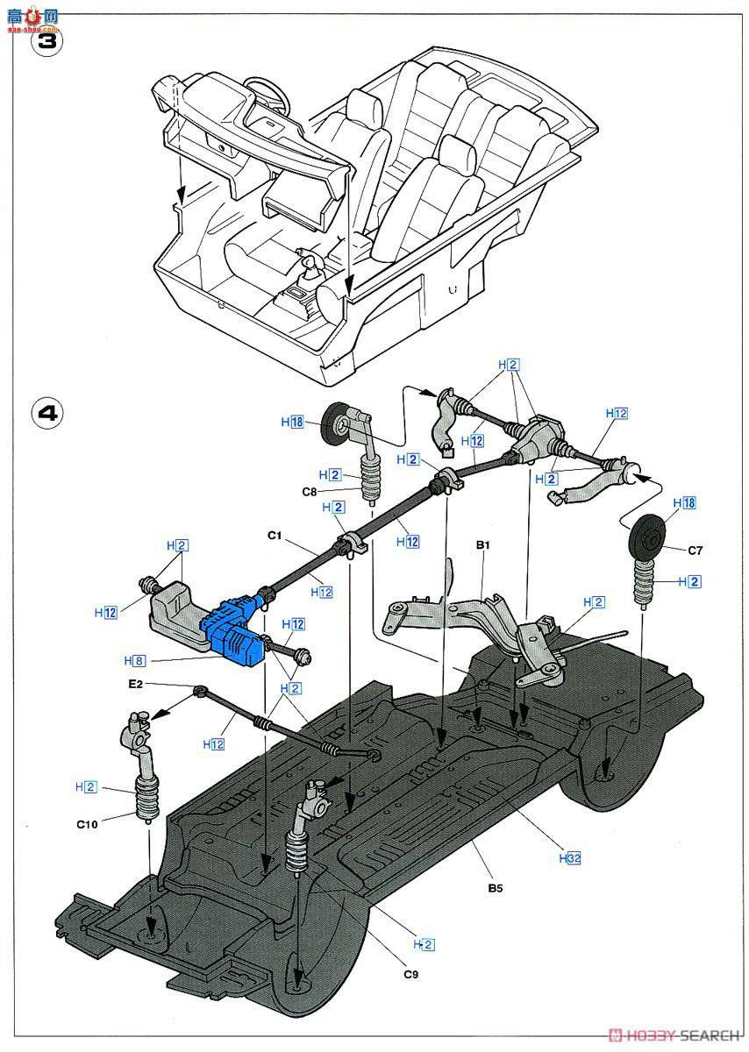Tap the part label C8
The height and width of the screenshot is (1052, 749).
pyautogui.click(x=309, y=491)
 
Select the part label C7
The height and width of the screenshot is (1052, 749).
pyautogui.click(x=695, y=550)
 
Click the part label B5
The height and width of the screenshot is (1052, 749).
pyautogui.click(x=497, y=887)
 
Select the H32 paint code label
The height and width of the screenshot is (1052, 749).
pyautogui.click(x=570, y=858)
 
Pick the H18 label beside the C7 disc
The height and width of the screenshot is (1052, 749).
pyautogui.click(x=684, y=502)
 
